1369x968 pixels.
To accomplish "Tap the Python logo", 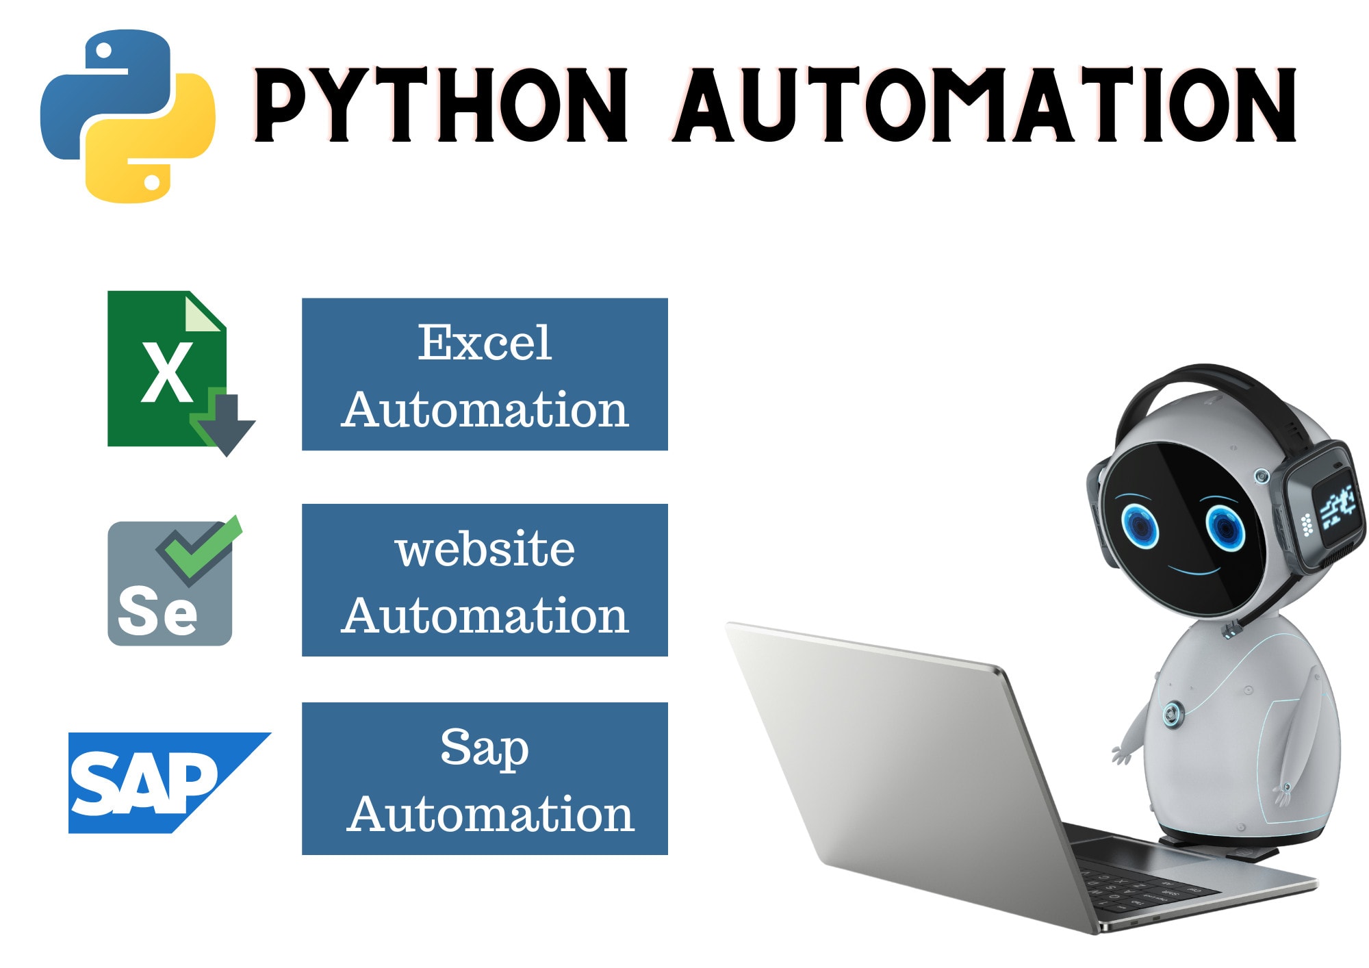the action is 128,116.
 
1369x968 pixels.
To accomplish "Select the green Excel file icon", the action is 168,370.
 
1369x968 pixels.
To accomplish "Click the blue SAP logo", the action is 169,782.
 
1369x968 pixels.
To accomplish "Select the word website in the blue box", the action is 485,549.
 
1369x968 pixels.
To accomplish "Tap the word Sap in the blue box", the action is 485,748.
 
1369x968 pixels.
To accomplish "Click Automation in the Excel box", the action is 485,409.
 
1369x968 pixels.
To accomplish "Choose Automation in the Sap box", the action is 490,813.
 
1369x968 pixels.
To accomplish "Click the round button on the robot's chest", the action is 1173,714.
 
